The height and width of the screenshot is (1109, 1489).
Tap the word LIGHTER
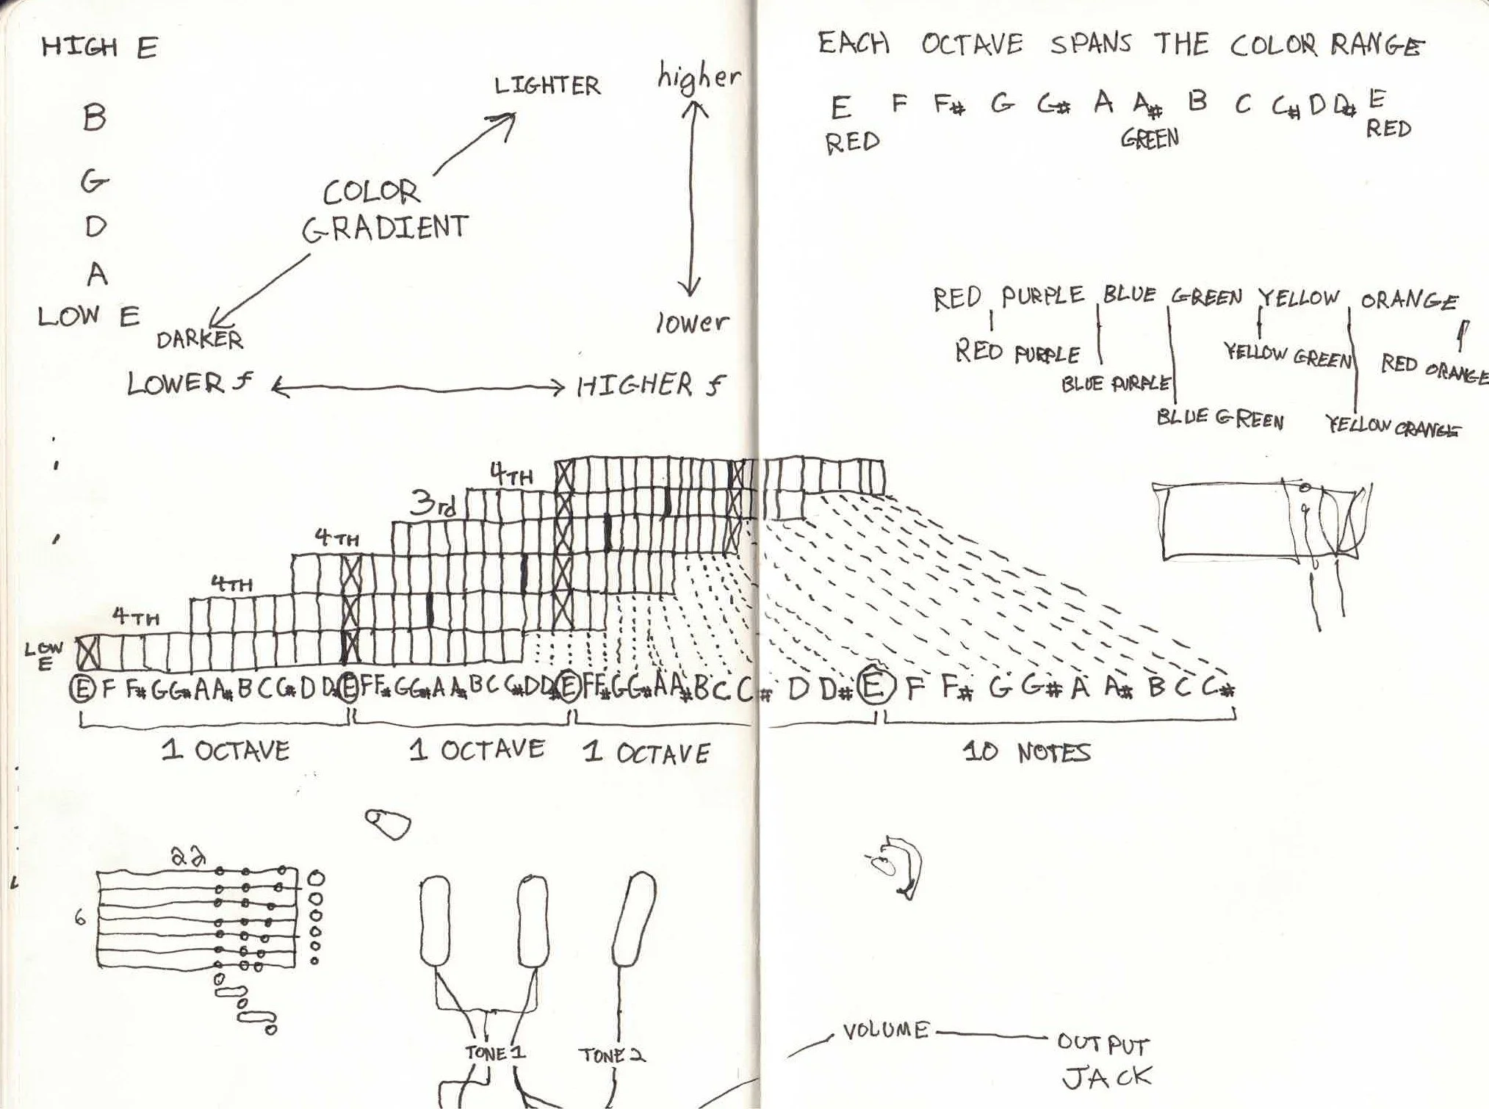click(547, 86)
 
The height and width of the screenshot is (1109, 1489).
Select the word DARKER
click(199, 339)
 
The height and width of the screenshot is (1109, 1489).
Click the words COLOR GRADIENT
click(384, 211)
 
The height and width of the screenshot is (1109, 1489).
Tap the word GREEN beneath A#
click(1150, 138)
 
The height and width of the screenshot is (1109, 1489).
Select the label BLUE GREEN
click(1219, 419)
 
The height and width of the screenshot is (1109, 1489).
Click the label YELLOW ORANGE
click(1393, 427)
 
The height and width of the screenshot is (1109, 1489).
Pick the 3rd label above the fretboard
click(432, 505)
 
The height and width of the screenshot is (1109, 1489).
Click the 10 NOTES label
click(1027, 752)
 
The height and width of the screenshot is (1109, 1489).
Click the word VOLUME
click(885, 1031)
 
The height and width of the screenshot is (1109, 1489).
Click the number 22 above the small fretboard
click(187, 856)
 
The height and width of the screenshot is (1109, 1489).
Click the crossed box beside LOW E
click(89, 651)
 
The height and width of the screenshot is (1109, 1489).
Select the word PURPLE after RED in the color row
click(1043, 296)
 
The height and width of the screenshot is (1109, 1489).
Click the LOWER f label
click(190, 383)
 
